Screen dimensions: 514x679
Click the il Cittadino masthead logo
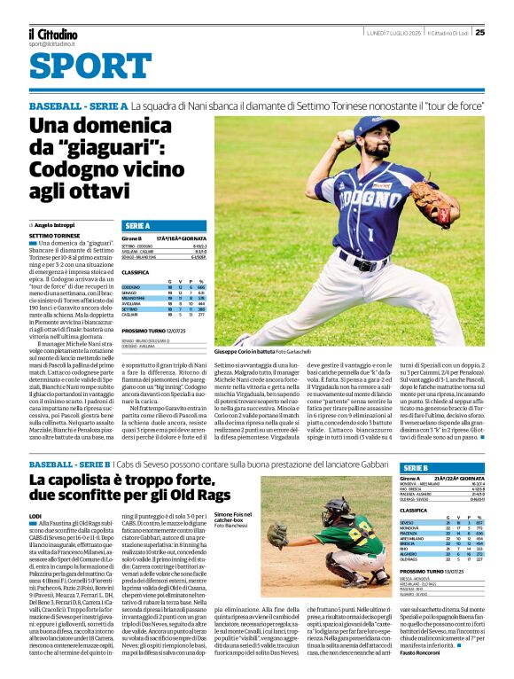click(52, 33)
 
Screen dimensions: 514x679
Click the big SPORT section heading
click(83, 66)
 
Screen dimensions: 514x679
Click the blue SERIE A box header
click(138, 226)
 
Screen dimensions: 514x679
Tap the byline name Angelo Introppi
click(55, 226)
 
